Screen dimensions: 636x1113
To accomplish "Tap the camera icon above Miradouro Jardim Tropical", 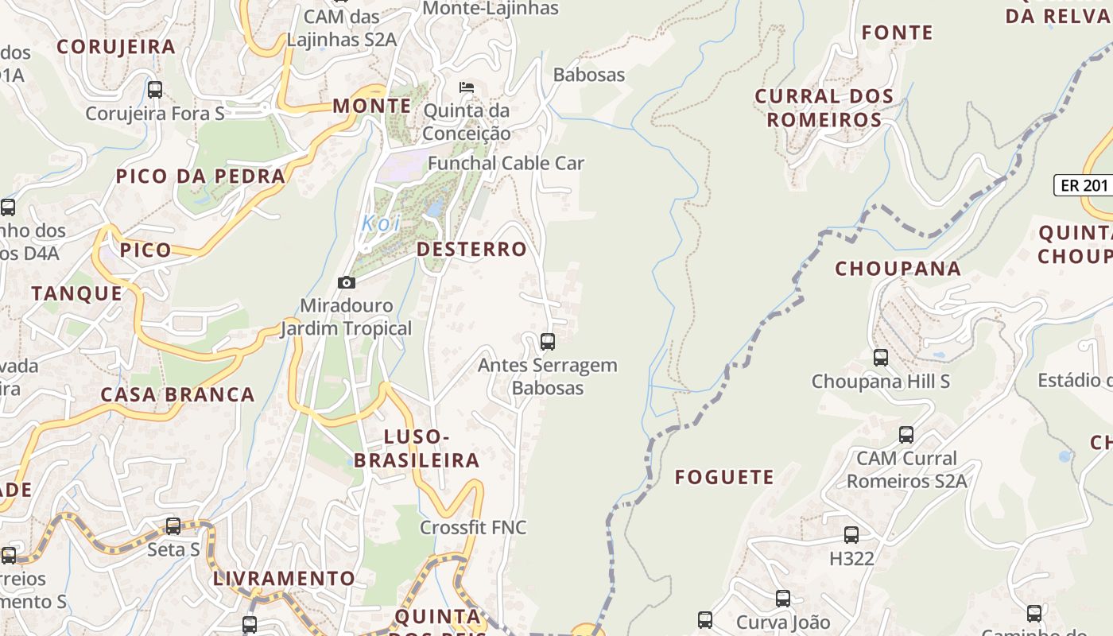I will (x=347, y=282).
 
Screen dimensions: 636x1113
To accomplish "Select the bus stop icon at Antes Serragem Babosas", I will (x=548, y=342).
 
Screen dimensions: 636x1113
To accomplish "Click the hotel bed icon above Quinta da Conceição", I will (x=467, y=87).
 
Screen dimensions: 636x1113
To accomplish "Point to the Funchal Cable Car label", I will (x=506, y=163).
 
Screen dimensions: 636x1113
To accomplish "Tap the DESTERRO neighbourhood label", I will (x=471, y=249).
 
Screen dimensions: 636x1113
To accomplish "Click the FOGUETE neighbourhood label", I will (x=724, y=477).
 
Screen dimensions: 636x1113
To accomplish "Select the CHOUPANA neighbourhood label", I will (x=898, y=269).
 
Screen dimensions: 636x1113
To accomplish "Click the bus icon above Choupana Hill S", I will (x=881, y=358).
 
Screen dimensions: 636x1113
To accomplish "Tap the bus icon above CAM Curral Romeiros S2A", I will (x=906, y=435).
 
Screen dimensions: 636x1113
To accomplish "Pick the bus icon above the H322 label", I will (x=851, y=535).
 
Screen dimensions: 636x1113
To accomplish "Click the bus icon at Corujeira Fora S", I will (x=155, y=90).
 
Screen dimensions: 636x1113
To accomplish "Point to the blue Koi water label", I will (x=382, y=223).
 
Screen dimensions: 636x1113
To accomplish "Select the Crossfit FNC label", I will (x=473, y=527).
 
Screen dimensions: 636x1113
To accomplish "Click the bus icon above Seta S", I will (x=173, y=526).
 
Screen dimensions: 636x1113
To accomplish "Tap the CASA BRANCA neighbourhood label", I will (x=177, y=394).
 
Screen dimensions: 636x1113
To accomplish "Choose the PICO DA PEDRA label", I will (x=200, y=176).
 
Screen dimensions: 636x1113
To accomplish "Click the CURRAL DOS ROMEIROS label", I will (x=824, y=108).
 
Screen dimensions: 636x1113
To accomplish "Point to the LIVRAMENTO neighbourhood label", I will (x=284, y=578).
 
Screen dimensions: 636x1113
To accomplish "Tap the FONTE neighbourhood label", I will (x=898, y=33).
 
